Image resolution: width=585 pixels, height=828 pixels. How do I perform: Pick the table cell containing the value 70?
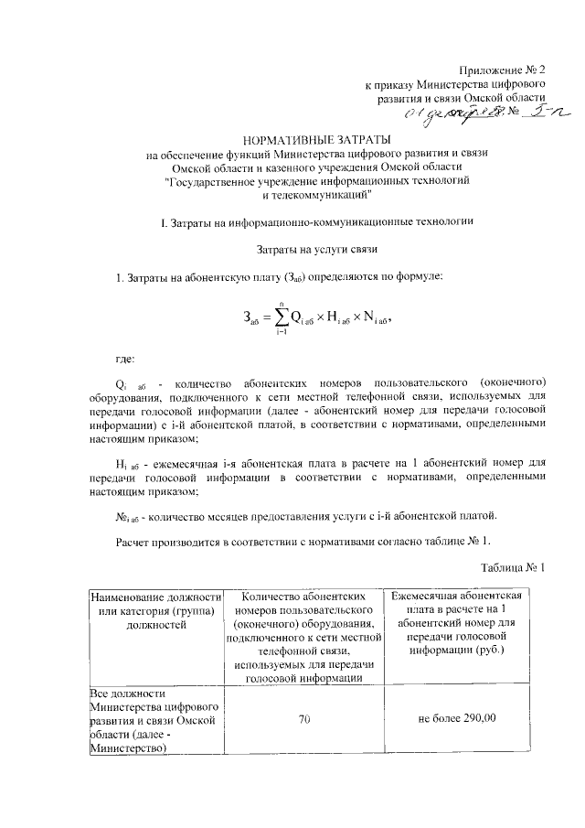(x=302, y=718)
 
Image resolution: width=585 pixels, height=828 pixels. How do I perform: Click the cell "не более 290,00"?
(x=457, y=718)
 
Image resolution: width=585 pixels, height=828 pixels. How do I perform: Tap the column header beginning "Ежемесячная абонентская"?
(x=457, y=623)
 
